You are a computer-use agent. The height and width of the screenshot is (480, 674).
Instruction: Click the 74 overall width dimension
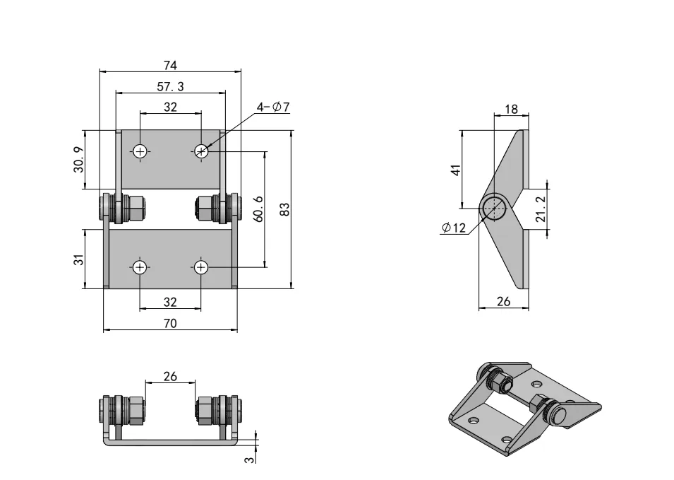click(x=170, y=66)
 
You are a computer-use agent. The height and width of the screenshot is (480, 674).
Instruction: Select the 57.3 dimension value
click(x=170, y=87)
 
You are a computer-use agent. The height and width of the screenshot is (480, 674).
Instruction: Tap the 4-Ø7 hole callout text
click(x=273, y=107)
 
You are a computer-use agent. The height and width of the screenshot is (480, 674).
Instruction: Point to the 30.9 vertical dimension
click(x=79, y=160)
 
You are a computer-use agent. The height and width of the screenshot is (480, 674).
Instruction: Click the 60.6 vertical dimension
click(x=259, y=209)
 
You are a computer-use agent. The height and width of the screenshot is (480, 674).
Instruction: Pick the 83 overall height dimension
click(x=284, y=209)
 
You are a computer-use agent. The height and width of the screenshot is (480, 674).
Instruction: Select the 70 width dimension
click(x=170, y=323)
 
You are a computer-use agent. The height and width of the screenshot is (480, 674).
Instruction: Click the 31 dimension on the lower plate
click(x=79, y=259)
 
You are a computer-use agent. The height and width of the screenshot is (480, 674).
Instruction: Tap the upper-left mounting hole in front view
click(x=140, y=151)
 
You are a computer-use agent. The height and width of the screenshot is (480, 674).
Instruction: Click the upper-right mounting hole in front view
click(x=201, y=151)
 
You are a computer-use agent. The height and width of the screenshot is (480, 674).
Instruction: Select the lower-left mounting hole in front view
click(x=140, y=267)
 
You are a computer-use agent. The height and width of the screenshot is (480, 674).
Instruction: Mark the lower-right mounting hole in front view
click(x=201, y=267)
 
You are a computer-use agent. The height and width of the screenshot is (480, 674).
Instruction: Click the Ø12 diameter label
click(x=453, y=228)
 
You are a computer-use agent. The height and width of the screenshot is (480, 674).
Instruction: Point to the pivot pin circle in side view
click(x=493, y=208)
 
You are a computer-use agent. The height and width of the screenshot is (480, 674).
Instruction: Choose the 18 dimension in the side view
click(x=512, y=110)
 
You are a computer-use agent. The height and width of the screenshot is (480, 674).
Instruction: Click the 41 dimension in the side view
click(x=456, y=170)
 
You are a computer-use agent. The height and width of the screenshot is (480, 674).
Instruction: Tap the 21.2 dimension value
click(x=540, y=210)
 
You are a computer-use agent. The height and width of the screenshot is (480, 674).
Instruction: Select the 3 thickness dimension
click(x=249, y=459)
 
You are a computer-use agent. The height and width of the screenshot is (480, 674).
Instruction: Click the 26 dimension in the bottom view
click(x=170, y=376)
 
